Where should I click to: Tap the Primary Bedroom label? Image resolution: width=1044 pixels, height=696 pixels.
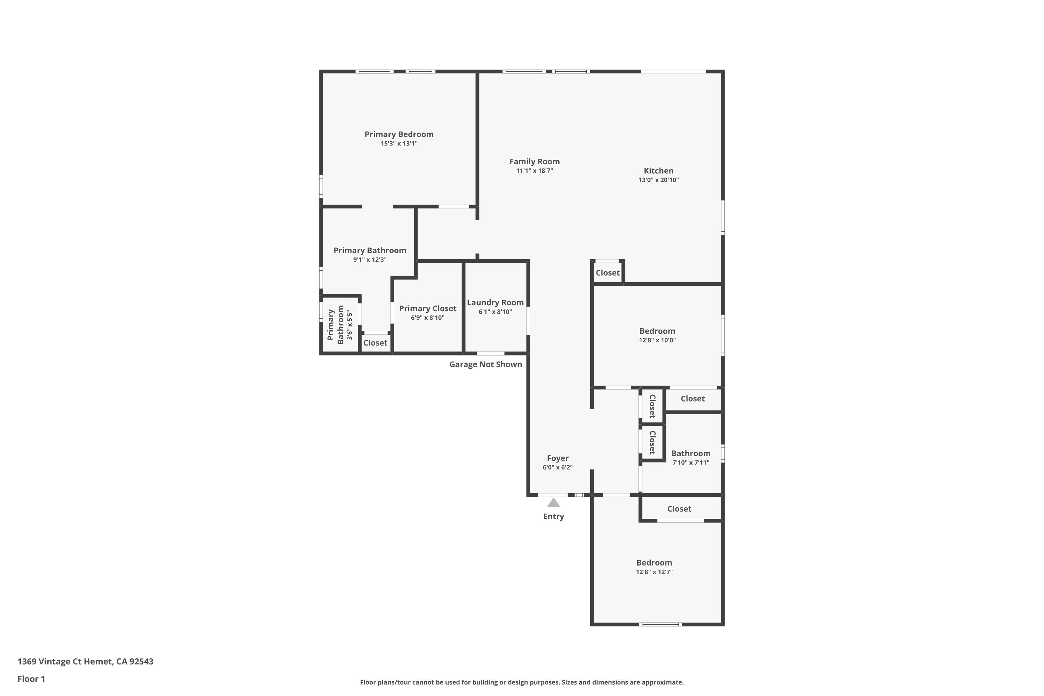coord(399,134)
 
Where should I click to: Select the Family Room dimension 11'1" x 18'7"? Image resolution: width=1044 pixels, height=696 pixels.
coord(535,171)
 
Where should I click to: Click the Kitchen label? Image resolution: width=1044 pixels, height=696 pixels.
coord(659,171)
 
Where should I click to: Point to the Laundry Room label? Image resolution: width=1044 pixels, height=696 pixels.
coord(495,303)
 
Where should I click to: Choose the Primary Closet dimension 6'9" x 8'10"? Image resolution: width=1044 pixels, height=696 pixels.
coord(427,318)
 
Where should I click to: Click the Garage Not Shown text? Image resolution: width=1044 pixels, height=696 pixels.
coord(485,364)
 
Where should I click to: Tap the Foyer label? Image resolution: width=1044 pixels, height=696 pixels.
coord(557,458)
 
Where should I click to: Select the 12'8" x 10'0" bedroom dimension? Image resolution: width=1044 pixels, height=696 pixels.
coord(657,340)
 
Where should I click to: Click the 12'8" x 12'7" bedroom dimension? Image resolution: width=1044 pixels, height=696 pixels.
coord(654,572)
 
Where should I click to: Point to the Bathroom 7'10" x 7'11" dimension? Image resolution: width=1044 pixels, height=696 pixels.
coord(691,462)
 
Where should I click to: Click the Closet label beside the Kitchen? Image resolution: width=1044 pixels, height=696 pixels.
coord(608,272)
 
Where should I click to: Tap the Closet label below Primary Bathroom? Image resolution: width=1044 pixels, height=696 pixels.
coord(375,343)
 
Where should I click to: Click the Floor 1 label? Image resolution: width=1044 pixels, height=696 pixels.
coord(32,679)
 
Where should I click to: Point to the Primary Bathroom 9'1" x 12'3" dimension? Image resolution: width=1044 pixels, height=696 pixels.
coord(370,260)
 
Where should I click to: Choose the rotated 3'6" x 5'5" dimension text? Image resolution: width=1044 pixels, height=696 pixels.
coord(350,325)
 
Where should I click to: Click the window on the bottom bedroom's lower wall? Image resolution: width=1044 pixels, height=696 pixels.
coord(661,625)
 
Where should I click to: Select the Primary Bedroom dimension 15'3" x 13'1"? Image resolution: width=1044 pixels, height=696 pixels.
coord(399,144)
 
